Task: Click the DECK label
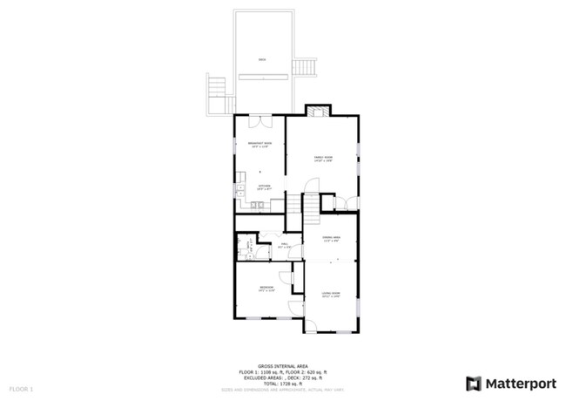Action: (x=262, y=59)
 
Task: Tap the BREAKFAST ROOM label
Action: (x=260, y=144)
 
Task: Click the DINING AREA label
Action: (x=330, y=239)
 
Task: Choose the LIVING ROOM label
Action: (x=330, y=294)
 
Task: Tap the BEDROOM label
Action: (x=266, y=288)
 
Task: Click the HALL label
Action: (x=284, y=245)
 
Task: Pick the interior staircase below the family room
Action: (x=312, y=205)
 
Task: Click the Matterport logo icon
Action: (x=474, y=382)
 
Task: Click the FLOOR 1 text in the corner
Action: (x=21, y=387)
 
